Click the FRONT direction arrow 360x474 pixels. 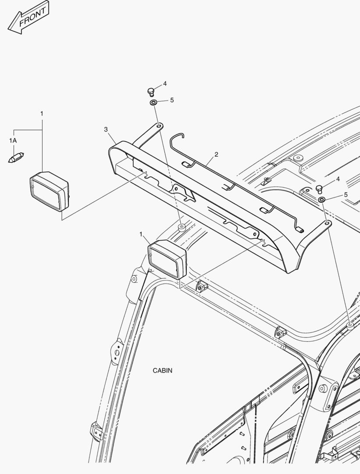(28, 19)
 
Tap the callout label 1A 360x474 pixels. (13, 140)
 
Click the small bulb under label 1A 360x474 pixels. (16, 158)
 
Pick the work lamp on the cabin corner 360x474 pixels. (167, 259)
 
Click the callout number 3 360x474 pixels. (106, 129)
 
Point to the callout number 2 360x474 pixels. (216, 154)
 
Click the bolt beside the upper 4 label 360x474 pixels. (151, 92)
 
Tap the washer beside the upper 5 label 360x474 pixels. (153, 103)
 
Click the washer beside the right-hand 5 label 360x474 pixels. (322, 200)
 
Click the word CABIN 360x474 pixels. (163, 370)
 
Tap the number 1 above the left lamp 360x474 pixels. (42, 114)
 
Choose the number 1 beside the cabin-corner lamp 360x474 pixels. (141, 234)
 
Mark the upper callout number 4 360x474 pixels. (165, 83)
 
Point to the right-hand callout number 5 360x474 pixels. (346, 195)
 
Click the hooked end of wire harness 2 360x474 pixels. (177, 136)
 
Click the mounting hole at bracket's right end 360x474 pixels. (328, 223)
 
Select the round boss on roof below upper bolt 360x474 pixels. (182, 228)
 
